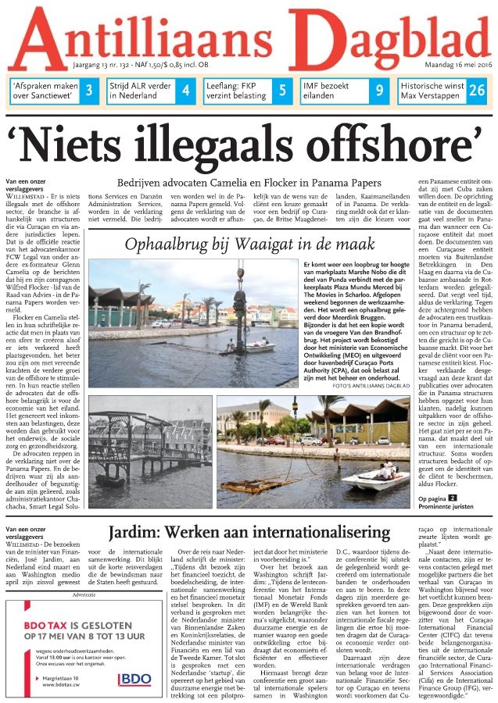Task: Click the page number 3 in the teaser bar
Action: coord(89,91)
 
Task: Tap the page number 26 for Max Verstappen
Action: coord(477,91)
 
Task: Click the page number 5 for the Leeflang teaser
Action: coord(282,91)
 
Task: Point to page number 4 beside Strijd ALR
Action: coord(185,91)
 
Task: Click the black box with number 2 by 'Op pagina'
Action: coord(452,498)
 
